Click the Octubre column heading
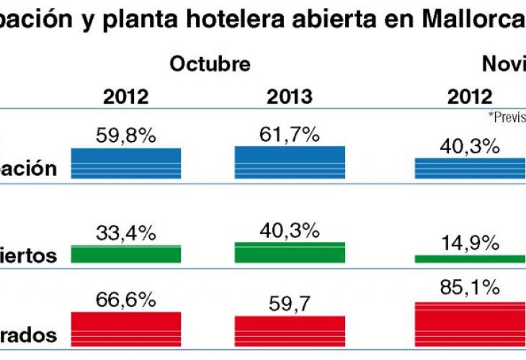coord(210,64)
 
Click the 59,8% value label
coord(125,135)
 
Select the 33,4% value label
coord(125,233)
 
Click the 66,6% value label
coord(125,300)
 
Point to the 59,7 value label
coord(289,304)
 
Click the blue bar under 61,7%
coord(290,162)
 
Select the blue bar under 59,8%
coord(126,163)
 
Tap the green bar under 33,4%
coord(126,253)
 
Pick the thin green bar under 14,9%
coord(470,258)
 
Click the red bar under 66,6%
coord(126,329)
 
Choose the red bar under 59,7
coord(290,331)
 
